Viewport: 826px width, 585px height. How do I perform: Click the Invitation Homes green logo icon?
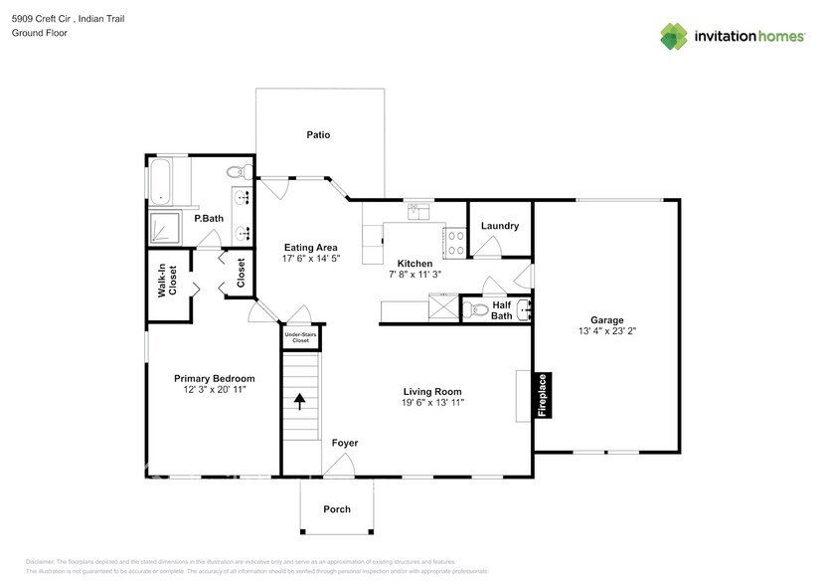[x=675, y=36]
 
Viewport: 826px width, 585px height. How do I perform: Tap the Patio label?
[x=318, y=134]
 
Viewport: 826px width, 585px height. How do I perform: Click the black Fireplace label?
[x=544, y=396]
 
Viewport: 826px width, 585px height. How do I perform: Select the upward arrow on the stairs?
[x=300, y=402]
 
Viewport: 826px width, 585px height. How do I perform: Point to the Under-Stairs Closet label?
[x=300, y=338]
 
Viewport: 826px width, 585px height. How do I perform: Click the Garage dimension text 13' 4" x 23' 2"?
[x=606, y=331]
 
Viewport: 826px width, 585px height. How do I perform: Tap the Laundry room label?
[x=499, y=226]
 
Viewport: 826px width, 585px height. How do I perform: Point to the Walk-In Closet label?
[x=167, y=282]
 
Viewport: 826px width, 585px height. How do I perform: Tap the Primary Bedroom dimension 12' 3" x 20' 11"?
[x=215, y=390]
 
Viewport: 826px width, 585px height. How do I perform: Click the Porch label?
[x=337, y=509]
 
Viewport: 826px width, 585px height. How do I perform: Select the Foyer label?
[x=344, y=443]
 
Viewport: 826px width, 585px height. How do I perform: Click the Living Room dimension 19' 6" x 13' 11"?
[x=432, y=403]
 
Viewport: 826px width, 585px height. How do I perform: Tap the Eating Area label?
[x=310, y=248]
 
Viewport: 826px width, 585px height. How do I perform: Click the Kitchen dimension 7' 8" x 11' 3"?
[x=414, y=274]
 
